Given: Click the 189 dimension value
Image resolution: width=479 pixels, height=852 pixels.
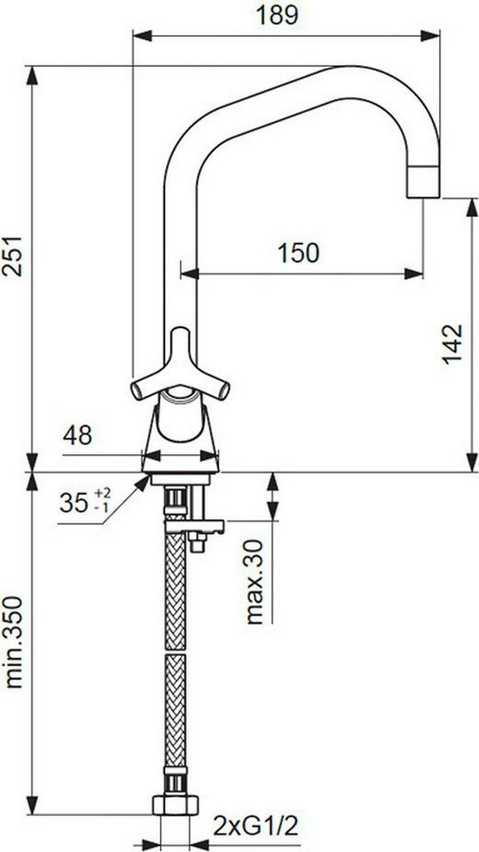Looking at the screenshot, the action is coord(277,15).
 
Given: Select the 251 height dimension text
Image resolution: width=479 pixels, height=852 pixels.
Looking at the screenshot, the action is coord(12,256).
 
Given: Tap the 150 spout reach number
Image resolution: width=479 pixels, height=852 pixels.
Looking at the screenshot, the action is coord(299,253).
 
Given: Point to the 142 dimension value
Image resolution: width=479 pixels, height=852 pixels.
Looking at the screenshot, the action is coord(453,345).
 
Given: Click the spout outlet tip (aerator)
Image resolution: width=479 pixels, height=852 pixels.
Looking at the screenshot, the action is coord(423,182).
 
